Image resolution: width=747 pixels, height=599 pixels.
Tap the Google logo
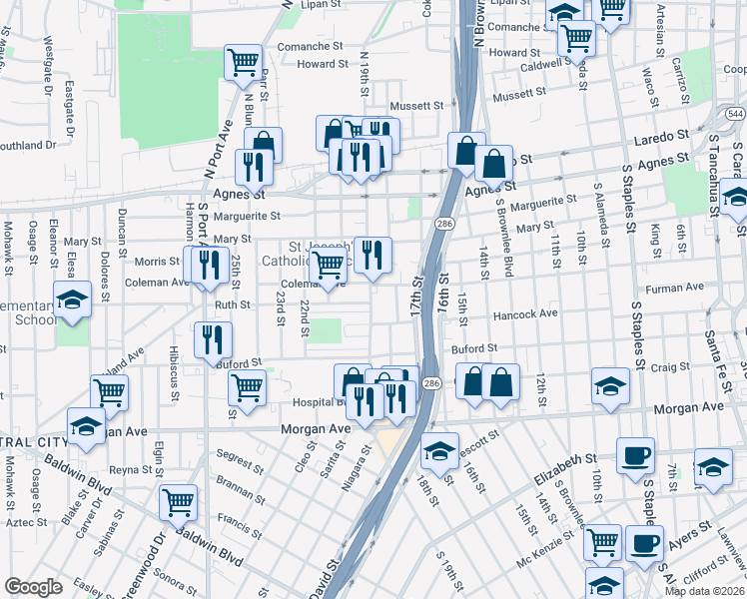(33, 587)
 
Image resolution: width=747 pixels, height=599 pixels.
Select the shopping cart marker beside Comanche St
(243, 63)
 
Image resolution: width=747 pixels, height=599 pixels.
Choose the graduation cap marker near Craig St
(610, 386)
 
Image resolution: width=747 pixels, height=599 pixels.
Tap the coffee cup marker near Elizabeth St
(635, 456)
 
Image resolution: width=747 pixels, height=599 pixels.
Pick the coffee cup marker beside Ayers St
(644, 544)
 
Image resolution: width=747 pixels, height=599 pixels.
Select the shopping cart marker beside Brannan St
(178, 502)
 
